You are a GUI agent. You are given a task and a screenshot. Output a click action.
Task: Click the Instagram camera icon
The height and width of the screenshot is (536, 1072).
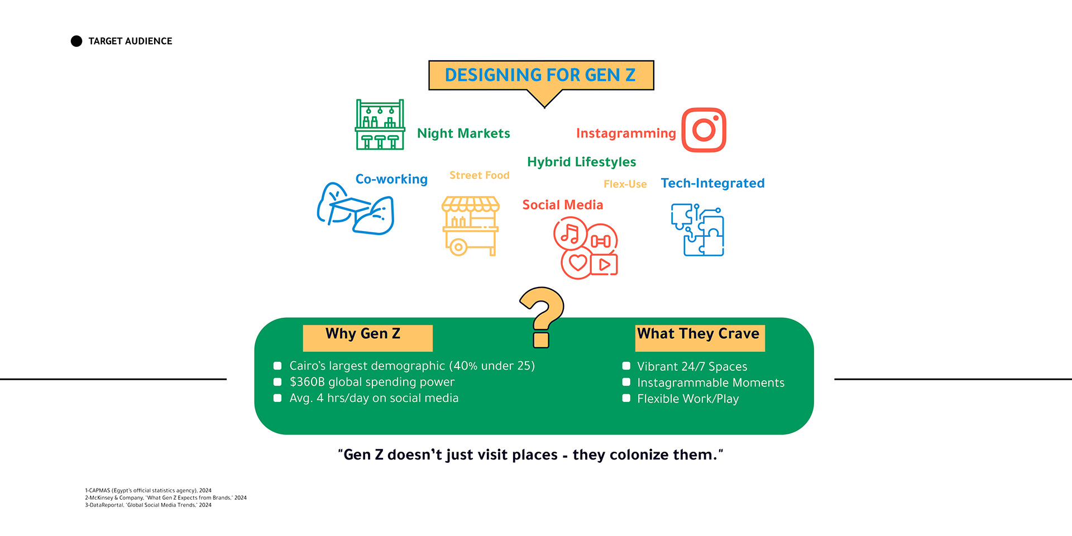[703, 130]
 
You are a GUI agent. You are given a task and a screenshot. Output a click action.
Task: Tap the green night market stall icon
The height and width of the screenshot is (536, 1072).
[380, 125]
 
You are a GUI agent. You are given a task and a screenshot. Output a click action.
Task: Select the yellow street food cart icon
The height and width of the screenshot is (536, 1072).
[470, 226]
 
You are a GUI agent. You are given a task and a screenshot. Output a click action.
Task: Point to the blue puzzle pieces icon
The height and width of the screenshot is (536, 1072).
[697, 229]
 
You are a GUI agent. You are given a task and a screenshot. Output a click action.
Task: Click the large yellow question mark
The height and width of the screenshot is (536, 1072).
[542, 317]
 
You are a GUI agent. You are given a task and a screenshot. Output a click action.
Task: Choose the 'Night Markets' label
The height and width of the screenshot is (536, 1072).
[463, 133]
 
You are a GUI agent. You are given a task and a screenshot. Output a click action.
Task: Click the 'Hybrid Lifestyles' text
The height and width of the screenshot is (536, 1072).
[582, 162]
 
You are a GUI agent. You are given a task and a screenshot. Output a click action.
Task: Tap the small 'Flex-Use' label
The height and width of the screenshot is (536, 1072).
[625, 184]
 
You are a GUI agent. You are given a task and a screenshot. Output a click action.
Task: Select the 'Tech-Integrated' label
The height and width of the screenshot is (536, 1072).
[713, 183]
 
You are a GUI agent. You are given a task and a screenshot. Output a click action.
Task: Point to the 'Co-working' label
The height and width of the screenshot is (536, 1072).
[391, 179]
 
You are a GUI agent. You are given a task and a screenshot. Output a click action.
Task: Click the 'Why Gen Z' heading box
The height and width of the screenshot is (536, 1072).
[367, 338]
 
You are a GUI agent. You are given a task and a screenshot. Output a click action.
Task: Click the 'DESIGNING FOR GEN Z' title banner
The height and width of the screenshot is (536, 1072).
[541, 75]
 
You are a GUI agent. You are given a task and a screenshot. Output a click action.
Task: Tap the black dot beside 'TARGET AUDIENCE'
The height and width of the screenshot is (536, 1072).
[76, 41]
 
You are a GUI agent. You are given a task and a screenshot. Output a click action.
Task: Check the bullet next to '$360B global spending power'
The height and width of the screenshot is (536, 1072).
[277, 382]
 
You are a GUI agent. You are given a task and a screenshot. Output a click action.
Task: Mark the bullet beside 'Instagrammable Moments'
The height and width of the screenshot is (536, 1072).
[626, 382]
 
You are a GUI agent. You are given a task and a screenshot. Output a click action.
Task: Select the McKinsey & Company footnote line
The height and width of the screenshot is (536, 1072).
[166, 497]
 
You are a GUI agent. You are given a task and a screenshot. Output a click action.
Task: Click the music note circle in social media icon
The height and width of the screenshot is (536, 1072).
[570, 233]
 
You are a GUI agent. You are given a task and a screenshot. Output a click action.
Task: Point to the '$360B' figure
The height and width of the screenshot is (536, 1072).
[307, 382]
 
